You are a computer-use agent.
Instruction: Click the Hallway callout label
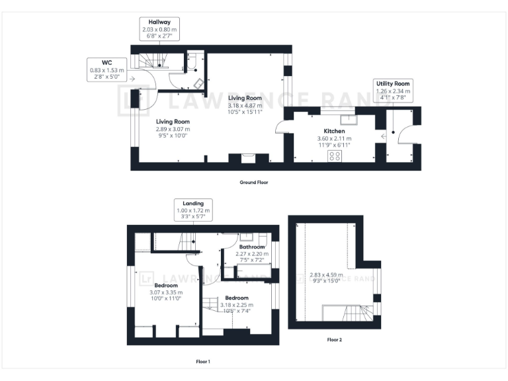(159, 30)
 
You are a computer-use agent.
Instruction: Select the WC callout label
(106, 69)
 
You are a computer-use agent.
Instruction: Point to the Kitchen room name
(334, 132)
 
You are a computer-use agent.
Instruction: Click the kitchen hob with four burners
(335, 156)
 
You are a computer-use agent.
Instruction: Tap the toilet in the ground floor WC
(192, 63)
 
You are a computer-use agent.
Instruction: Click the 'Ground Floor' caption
(254, 182)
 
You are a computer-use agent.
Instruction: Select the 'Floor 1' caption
(203, 361)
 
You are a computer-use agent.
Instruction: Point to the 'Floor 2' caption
(335, 340)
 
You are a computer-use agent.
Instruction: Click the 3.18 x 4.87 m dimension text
(245, 105)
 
